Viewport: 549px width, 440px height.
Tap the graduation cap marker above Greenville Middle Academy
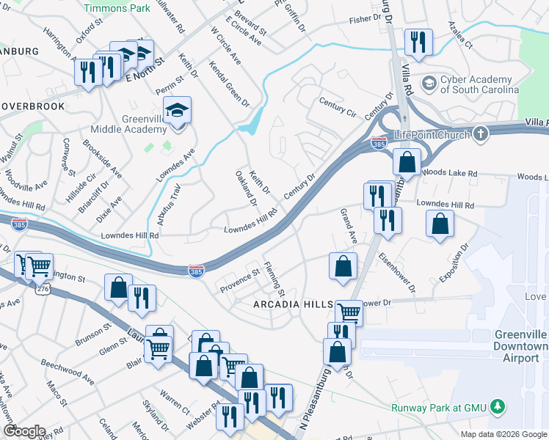click(177, 111)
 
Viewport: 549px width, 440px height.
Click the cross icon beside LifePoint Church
click(480, 134)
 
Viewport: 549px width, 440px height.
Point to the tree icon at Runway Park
click(498, 406)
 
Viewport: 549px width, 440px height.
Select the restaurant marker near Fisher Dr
click(418, 43)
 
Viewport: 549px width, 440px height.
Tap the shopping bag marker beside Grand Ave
click(343, 267)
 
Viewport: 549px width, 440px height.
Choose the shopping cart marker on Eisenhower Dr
click(349, 313)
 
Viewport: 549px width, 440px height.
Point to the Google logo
click(23, 431)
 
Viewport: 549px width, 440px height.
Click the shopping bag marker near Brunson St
click(118, 288)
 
